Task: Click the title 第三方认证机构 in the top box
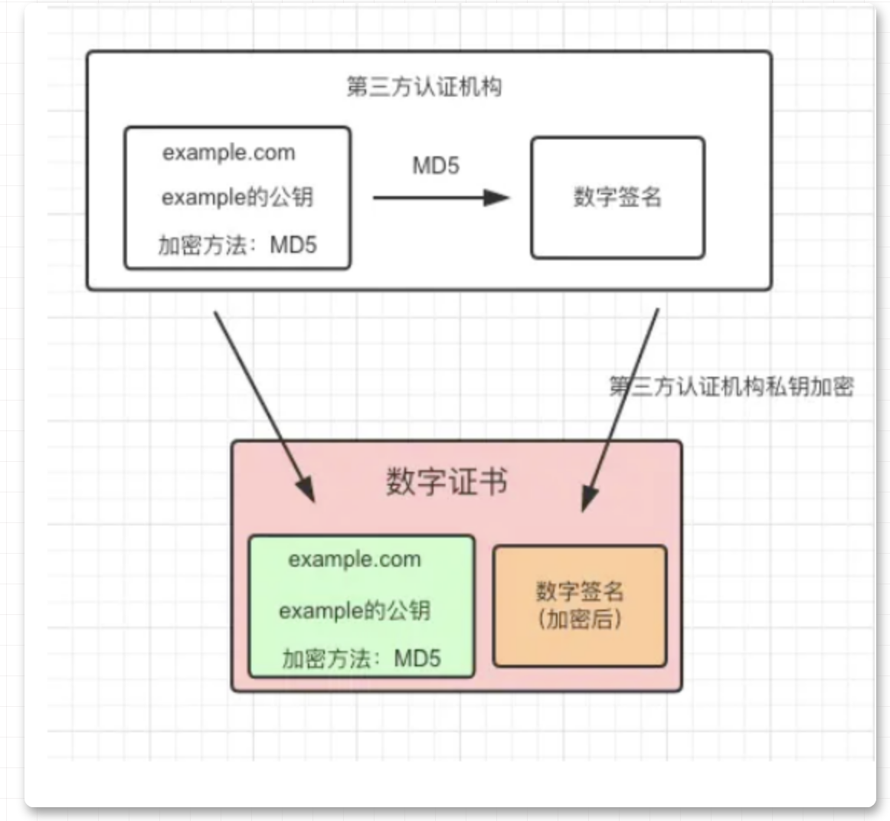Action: click(424, 87)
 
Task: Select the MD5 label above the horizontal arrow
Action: click(436, 165)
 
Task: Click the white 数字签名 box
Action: click(617, 198)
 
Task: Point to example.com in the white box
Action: click(228, 152)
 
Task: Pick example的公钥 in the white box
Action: click(237, 198)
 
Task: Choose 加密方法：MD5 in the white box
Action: click(237, 245)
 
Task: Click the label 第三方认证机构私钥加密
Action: click(731, 386)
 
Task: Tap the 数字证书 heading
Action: click(447, 482)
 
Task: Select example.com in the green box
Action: click(355, 559)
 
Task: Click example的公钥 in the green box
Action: click(355, 610)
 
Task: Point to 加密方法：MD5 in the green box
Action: click(361, 658)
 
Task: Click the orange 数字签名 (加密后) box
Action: click(580, 605)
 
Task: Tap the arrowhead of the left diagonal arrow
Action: click(306, 490)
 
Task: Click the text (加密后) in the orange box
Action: click(580, 619)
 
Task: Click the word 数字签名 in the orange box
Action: click(580, 590)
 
